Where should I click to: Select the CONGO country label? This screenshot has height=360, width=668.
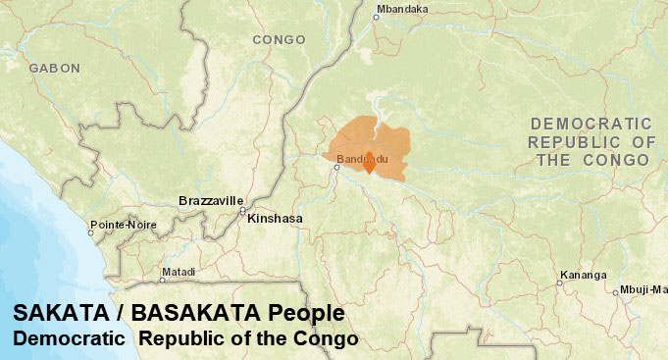pyautogui.click(x=279, y=40)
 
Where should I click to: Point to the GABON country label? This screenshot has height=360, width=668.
pyautogui.click(x=54, y=69)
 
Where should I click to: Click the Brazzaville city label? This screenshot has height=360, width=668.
pyautogui.click(x=210, y=201)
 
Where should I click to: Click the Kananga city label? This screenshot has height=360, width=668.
pyautogui.click(x=582, y=275)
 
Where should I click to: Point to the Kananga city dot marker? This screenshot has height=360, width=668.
pyautogui.click(x=560, y=283)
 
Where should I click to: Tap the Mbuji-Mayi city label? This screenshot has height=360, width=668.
pyautogui.click(x=642, y=290)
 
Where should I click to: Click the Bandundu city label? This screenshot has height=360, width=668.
pyautogui.click(x=357, y=159)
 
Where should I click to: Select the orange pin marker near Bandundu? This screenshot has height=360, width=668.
pyautogui.click(x=369, y=164)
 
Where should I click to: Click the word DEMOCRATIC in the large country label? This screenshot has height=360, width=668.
pyautogui.click(x=591, y=125)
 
